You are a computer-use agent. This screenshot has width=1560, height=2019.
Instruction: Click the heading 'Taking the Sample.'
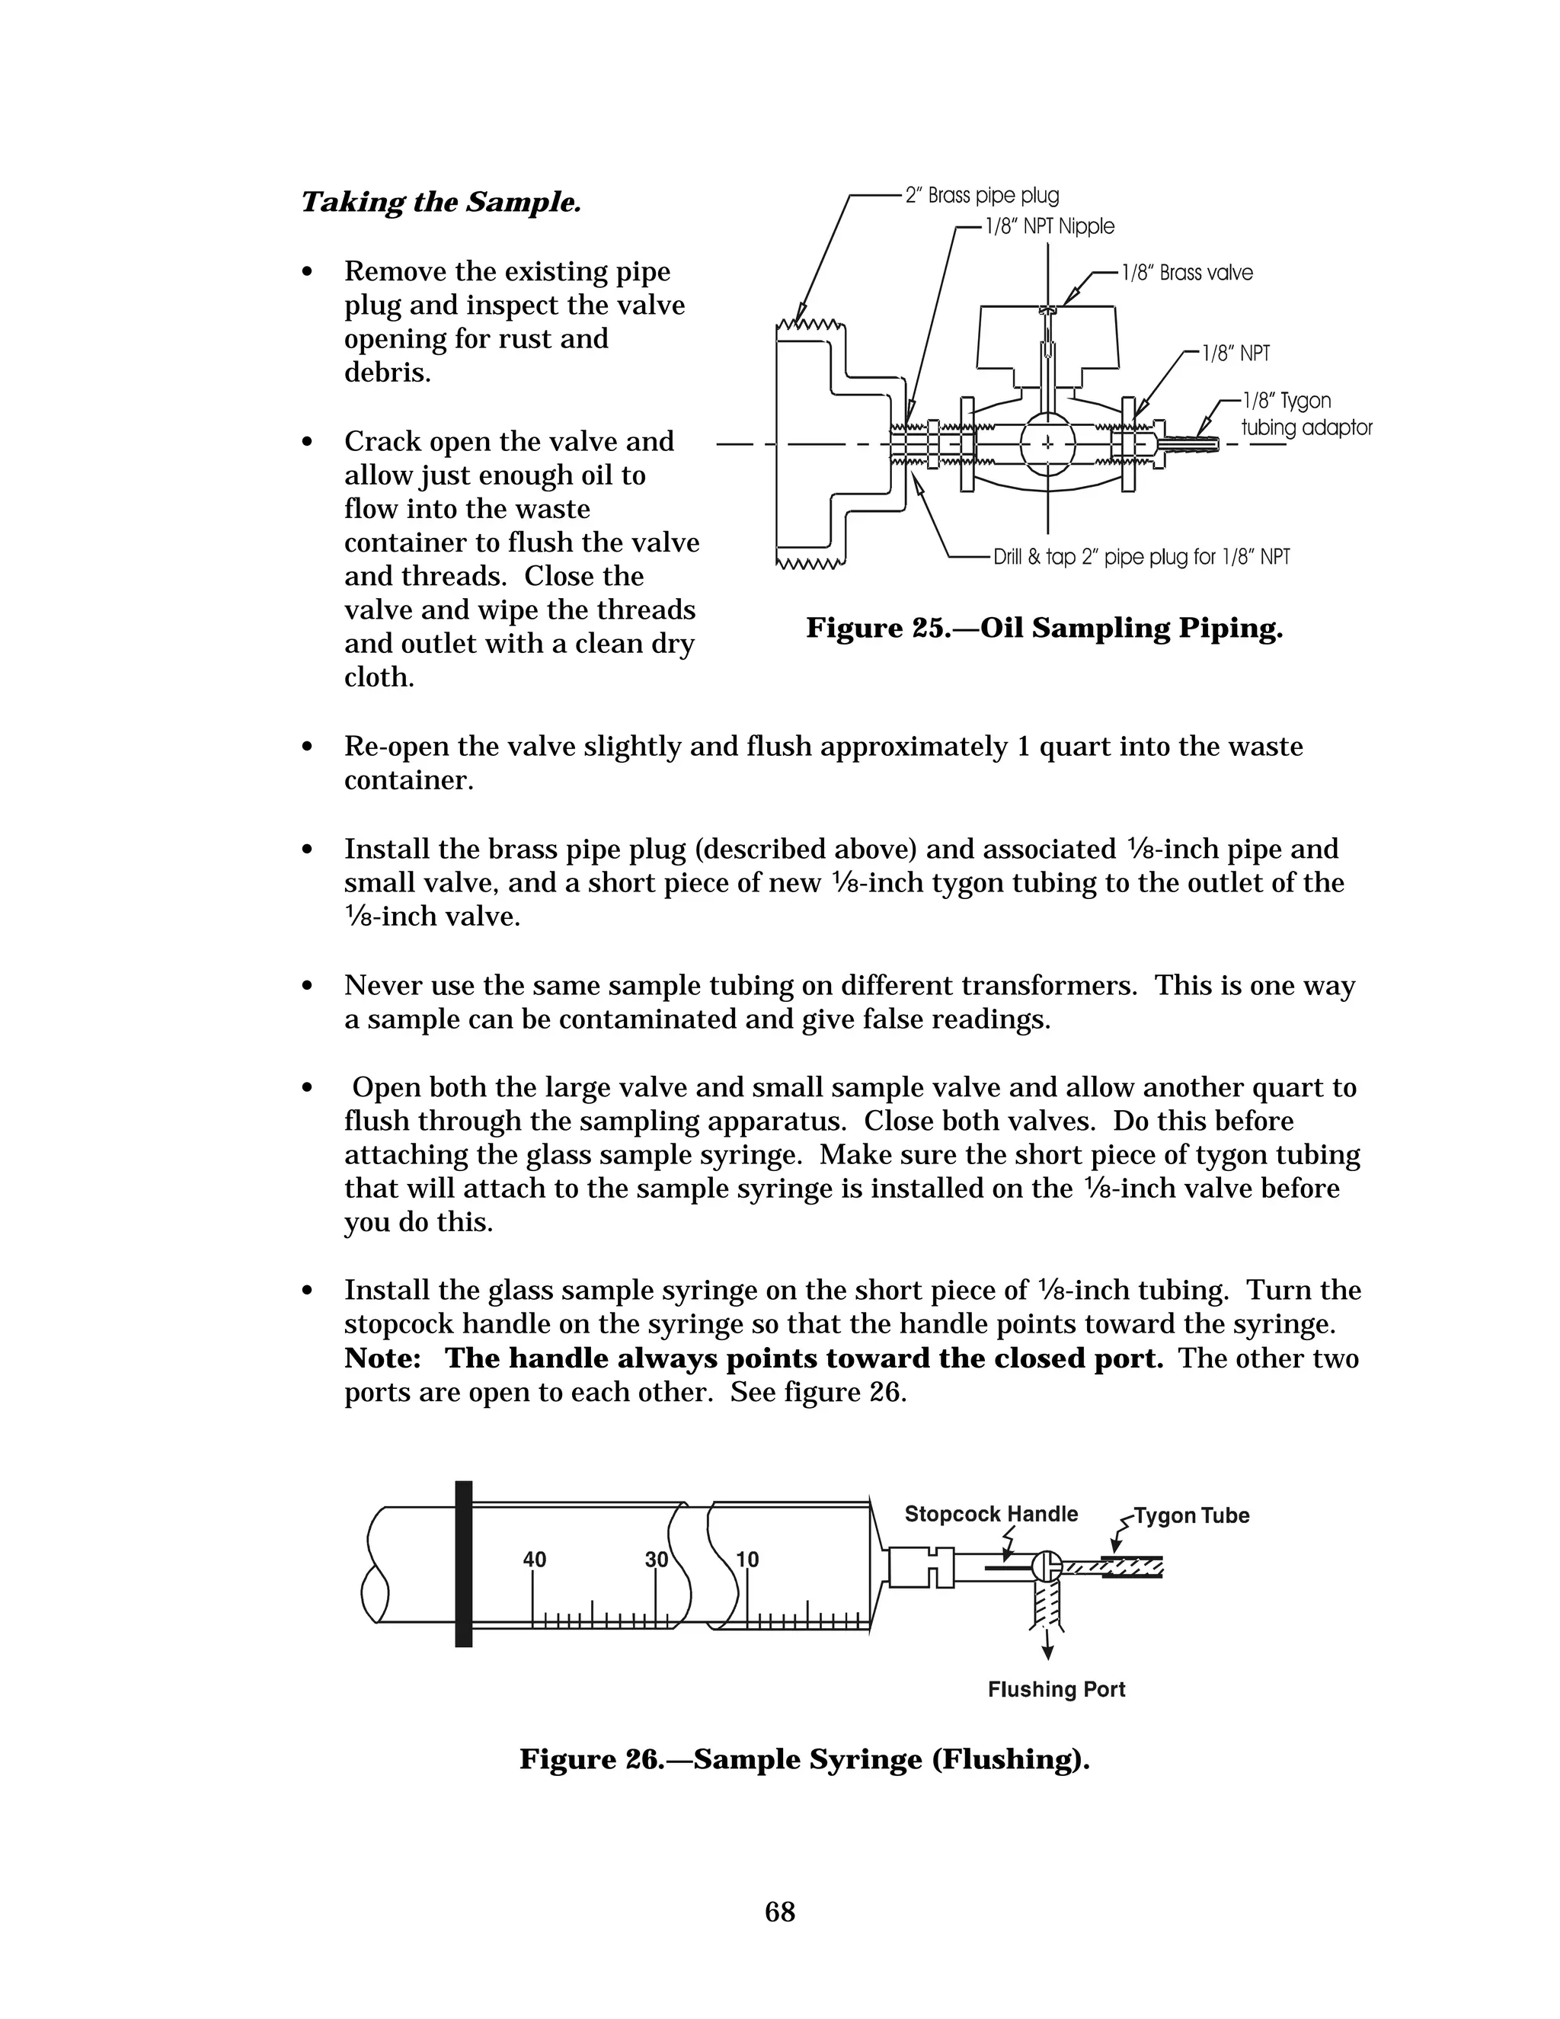(441, 203)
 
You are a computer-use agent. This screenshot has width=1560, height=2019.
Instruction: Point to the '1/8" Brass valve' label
(1187, 273)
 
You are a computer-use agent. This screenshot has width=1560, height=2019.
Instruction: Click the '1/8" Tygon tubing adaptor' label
(1305, 414)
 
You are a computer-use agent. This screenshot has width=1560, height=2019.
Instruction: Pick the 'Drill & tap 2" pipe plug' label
(1140, 556)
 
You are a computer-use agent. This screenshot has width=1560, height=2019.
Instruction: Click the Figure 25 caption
(1044, 629)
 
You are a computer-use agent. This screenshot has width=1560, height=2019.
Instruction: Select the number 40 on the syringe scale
(534, 1560)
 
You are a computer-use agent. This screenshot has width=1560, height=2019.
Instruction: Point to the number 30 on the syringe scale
(656, 1560)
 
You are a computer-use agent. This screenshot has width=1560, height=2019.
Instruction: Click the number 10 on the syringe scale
(746, 1560)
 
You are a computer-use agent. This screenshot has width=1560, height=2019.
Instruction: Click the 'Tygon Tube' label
(1191, 1516)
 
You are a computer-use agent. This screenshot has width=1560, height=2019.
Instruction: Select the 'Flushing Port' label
(1057, 1690)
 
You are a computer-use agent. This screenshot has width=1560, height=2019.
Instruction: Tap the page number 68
(780, 1912)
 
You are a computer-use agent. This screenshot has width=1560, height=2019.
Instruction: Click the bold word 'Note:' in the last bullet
(384, 1359)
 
